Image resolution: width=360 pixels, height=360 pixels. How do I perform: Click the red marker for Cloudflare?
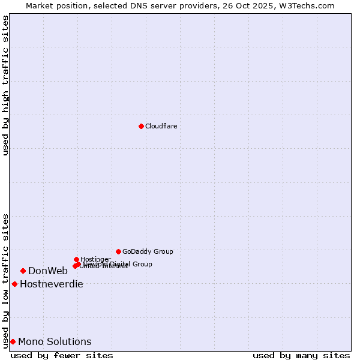coord(141,126)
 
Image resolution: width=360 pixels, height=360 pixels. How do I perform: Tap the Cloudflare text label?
coord(161,126)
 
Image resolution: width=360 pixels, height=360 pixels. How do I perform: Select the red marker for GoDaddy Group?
coord(118,251)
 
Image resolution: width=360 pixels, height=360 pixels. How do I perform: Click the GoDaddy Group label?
coord(148,252)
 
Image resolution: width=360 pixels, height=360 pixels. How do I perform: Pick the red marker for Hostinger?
coord(76,259)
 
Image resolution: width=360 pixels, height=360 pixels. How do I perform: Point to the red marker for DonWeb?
coord(23,271)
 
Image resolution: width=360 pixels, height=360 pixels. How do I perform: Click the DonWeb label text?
coord(48,271)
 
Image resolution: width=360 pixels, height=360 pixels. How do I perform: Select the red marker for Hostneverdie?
coord(14,284)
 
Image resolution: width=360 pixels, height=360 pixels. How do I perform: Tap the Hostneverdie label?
coord(52,284)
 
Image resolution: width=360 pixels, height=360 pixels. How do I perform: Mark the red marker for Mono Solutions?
coord(13,341)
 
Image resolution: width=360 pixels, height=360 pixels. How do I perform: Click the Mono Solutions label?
coord(55,342)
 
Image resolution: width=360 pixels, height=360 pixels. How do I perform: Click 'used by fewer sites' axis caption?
coord(62,355)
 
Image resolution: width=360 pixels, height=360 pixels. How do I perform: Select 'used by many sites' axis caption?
coord(301,355)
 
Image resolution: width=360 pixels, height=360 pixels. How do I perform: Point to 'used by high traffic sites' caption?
coord(5,85)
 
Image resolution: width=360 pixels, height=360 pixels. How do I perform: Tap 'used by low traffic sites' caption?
coord(5,280)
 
